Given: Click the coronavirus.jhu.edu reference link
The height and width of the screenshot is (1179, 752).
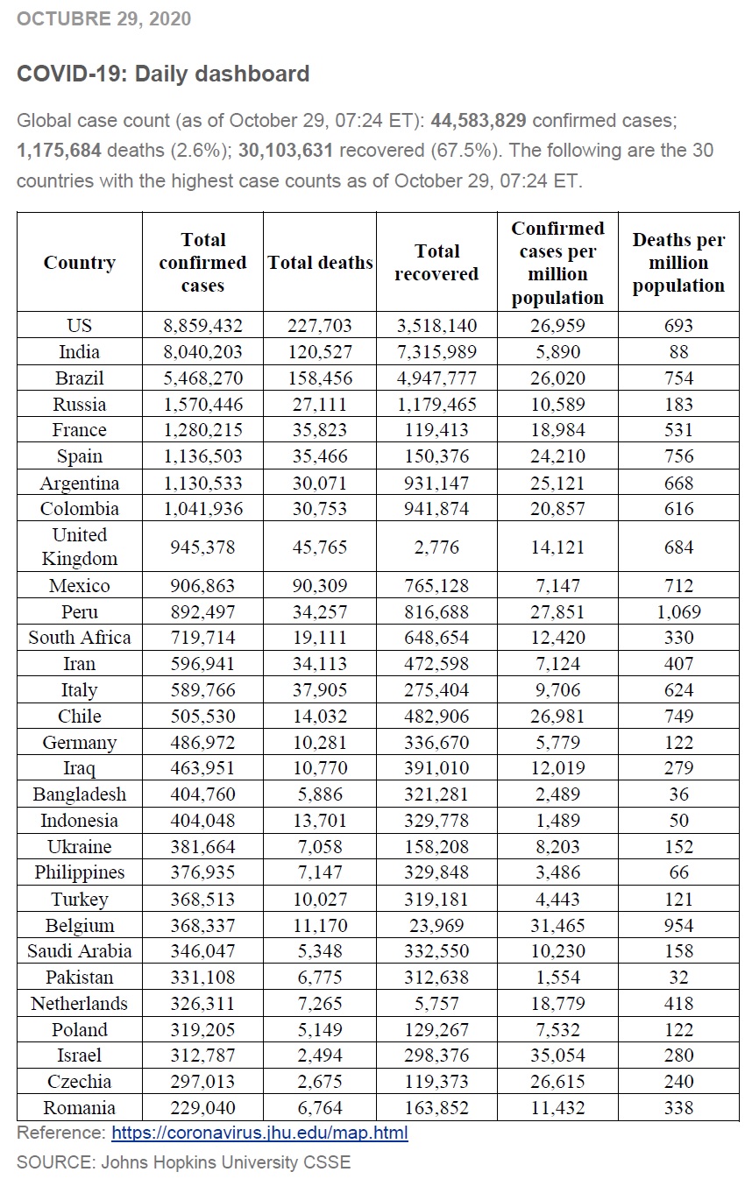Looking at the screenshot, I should (x=259, y=1133).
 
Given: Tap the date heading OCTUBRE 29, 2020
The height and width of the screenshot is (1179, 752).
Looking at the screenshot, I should (x=103, y=18).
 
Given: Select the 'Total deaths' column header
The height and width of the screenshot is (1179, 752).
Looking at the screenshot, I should (x=320, y=263).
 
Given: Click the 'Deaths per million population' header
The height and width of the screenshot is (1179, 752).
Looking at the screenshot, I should (x=678, y=263).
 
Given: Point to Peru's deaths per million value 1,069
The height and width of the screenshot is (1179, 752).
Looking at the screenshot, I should (x=678, y=611).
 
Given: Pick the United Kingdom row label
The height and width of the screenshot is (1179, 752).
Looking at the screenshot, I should (x=80, y=547).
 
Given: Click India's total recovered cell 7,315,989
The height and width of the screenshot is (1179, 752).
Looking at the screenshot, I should (x=436, y=352).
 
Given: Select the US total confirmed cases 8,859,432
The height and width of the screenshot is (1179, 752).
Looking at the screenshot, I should (x=202, y=326).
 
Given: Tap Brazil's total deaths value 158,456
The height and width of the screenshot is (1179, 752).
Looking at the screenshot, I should (x=320, y=378).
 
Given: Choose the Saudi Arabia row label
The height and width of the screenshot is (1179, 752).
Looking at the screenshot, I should (x=80, y=951).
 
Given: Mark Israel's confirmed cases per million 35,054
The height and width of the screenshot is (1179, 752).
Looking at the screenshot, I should (x=557, y=1055).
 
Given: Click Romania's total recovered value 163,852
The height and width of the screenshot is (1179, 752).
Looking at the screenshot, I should (x=436, y=1108).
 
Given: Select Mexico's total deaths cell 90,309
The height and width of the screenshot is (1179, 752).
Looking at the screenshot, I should (x=320, y=586).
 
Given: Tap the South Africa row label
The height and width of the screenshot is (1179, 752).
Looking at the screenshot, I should (x=80, y=638).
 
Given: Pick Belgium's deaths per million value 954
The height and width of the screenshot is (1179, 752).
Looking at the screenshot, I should (x=678, y=925).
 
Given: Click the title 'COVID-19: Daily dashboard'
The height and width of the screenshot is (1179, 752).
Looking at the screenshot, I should (x=163, y=74).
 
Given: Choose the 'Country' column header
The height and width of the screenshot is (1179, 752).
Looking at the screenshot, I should (x=80, y=263).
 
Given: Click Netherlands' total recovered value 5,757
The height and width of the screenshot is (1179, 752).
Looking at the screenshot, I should (x=436, y=1004).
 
